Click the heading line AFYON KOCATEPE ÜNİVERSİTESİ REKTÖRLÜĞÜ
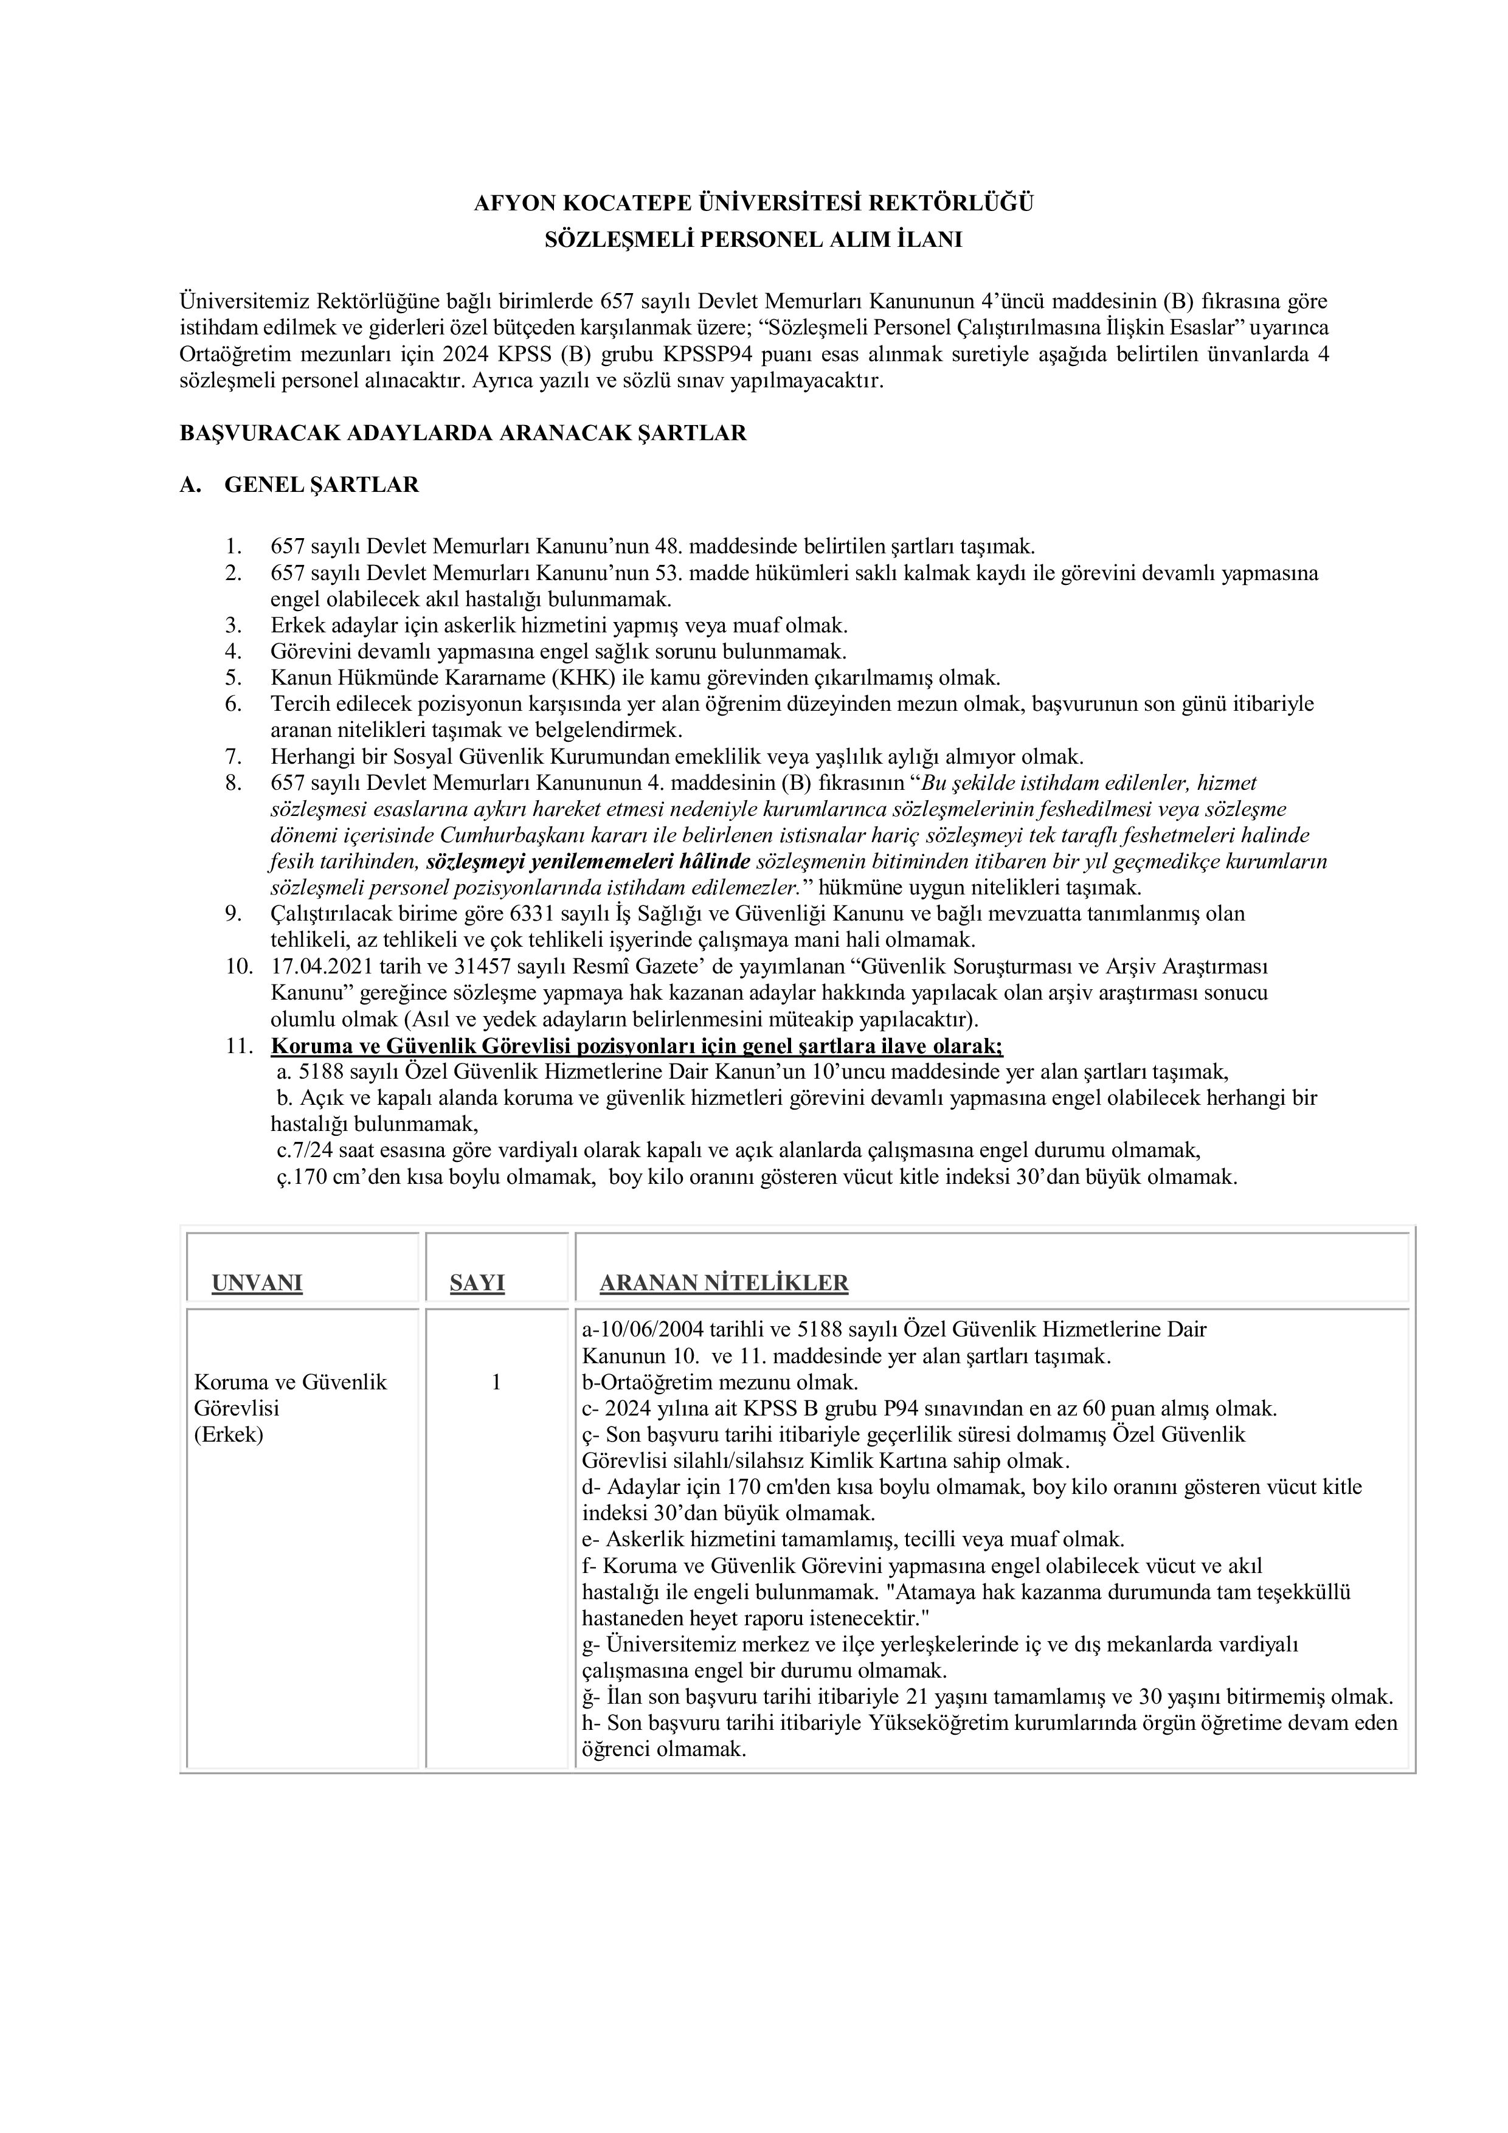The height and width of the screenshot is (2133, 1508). [753, 202]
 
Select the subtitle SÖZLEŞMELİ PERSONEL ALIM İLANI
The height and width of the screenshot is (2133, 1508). [753, 240]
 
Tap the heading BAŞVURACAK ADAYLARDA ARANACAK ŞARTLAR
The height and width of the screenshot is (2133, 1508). [463, 434]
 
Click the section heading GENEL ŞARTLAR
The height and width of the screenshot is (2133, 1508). [322, 485]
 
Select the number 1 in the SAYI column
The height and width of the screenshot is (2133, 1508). [496, 1382]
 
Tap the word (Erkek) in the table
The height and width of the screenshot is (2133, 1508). [229, 1434]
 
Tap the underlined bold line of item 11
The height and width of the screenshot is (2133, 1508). [637, 1046]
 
